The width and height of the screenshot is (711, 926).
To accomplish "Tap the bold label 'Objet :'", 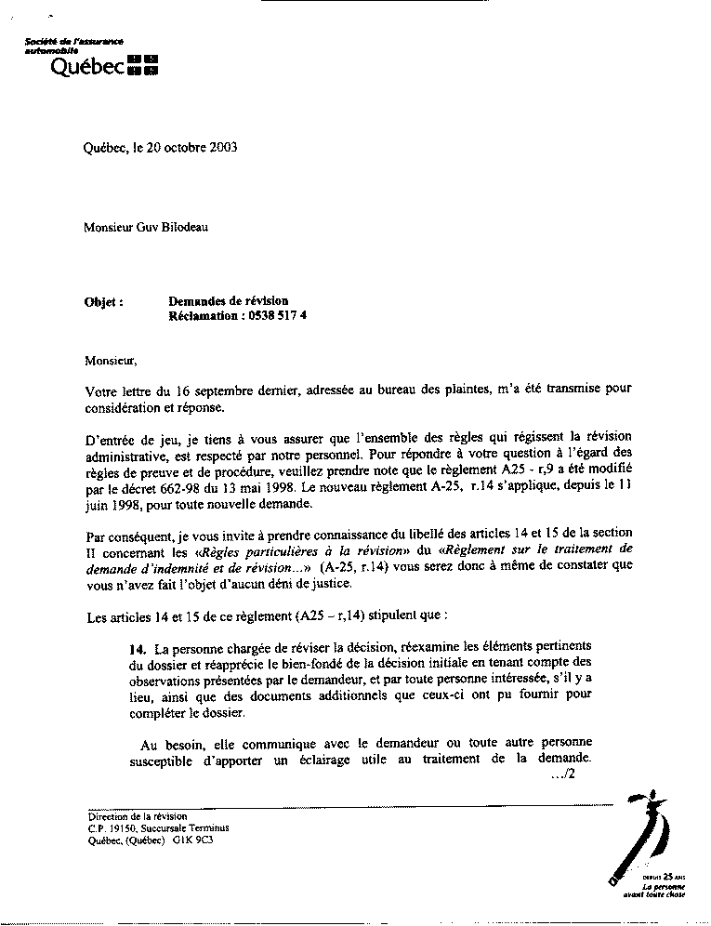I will pyautogui.click(x=103, y=301).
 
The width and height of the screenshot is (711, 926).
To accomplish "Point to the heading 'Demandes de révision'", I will pyautogui.click(x=229, y=300).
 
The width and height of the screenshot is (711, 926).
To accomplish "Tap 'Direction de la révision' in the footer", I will pyautogui.click(x=130, y=815).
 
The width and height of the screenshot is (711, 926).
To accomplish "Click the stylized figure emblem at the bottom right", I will pyautogui.click(x=641, y=832).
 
